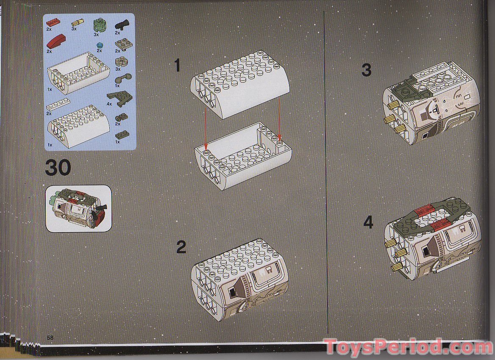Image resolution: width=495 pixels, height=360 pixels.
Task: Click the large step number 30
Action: tap(58, 168)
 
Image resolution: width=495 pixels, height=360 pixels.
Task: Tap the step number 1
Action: tap(177, 66)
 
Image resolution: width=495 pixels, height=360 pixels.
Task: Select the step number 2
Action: tap(181, 247)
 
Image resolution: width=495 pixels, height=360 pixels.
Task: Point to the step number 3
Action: tap(366, 70)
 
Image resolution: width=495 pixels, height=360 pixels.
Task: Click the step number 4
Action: tap(368, 222)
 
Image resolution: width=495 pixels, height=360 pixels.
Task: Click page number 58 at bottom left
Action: tap(50, 338)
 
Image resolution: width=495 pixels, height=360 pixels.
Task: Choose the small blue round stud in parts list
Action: tap(100, 44)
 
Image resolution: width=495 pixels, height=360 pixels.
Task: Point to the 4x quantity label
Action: tap(109, 104)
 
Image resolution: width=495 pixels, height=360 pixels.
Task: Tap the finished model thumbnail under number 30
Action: tap(78, 209)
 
